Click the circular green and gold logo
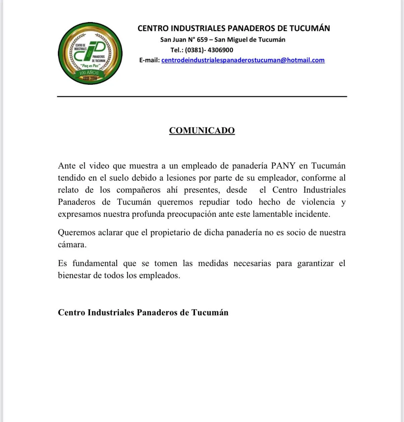90,53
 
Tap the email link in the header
243,60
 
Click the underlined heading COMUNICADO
202,130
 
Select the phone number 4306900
220,50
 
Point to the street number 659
202,40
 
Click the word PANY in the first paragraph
283,166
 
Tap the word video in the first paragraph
99,166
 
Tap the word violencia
318,202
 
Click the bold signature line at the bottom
143,312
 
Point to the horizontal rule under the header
202,97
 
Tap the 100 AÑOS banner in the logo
89,73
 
